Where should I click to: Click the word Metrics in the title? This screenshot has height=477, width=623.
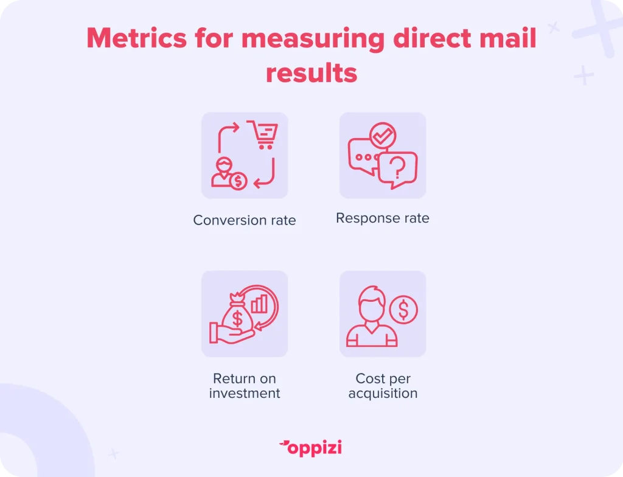point(137,38)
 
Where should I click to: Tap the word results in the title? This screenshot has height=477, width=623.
point(311,74)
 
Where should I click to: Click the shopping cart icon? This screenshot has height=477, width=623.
point(263,134)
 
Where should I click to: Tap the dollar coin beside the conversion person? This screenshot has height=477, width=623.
point(238,181)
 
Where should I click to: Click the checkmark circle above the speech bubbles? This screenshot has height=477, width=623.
point(383,136)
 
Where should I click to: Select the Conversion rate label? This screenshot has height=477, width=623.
point(245,220)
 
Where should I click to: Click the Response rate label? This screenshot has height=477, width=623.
point(383,218)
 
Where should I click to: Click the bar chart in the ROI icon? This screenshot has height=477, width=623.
point(259,304)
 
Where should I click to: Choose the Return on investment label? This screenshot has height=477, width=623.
point(245,386)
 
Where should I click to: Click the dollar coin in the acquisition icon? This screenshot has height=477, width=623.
point(403,309)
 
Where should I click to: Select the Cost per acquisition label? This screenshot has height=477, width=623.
point(383,386)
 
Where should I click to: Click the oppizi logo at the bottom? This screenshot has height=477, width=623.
point(310,448)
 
